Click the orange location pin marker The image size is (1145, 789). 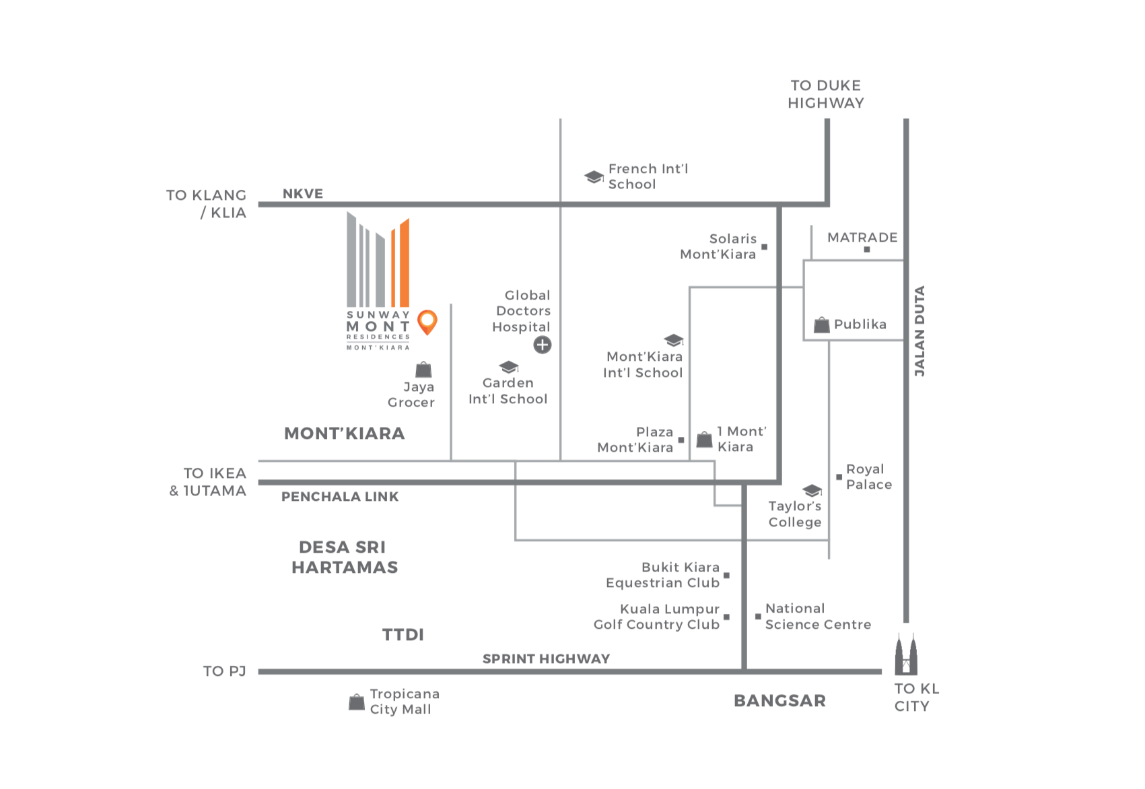(x=427, y=321)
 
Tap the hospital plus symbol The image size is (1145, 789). (x=543, y=345)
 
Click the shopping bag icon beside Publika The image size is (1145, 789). (x=821, y=325)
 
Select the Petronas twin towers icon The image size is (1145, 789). (x=905, y=654)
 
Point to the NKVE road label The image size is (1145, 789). (x=303, y=194)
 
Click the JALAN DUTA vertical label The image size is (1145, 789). (x=920, y=331)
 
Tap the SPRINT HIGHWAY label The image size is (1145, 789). (x=546, y=658)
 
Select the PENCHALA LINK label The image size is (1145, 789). (x=340, y=497)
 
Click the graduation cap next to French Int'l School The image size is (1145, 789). (x=594, y=177)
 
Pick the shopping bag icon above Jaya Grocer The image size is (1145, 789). (x=423, y=370)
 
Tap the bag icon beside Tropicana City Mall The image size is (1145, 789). (x=357, y=702)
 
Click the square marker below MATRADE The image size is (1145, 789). (x=867, y=250)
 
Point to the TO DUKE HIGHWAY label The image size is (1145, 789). (x=826, y=94)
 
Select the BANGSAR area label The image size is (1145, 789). (x=779, y=701)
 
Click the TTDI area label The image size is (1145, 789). (x=403, y=635)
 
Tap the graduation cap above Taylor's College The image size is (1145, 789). (x=812, y=490)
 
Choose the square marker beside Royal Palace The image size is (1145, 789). (x=839, y=477)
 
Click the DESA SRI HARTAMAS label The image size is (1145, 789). (x=345, y=557)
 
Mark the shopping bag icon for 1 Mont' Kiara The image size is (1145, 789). (x=704, y=440)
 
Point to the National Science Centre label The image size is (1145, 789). (x=818, y=617)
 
